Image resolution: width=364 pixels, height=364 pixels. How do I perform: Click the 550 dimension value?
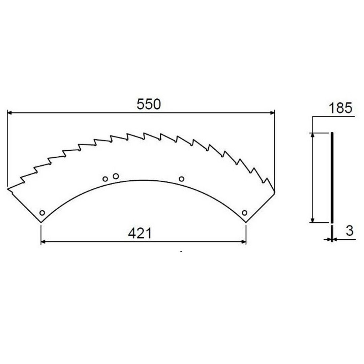click(149, 104)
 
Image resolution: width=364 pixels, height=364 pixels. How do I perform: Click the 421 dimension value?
click(140, 233)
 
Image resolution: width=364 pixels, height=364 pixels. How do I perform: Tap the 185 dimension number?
click(340, 108)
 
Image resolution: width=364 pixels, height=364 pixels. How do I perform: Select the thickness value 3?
click(350, 231)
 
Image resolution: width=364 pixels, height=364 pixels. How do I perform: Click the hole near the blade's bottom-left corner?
click(42, 213)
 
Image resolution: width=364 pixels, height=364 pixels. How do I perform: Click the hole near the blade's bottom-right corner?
click(244, 213)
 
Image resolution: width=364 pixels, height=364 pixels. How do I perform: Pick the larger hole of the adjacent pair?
click(116, 176)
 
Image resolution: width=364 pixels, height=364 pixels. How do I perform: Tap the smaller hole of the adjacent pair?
click(105, 179)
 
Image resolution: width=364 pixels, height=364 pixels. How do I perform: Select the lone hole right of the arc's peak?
click(182, 179)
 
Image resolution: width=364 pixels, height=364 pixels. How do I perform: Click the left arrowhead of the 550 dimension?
click(9, 113)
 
